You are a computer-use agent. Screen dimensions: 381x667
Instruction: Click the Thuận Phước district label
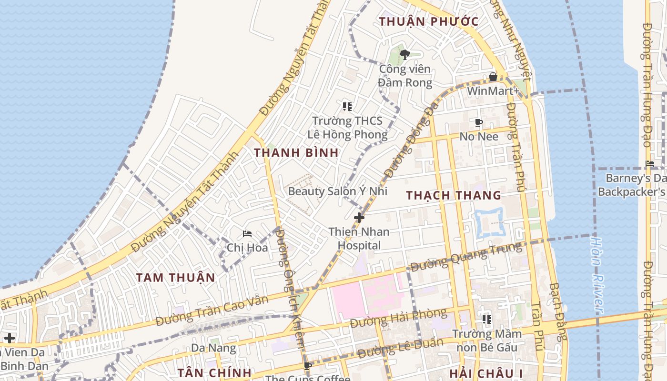tap(428, 21)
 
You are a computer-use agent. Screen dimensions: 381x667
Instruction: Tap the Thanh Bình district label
tap(296, 153)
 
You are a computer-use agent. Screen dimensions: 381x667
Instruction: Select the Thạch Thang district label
tap(454, 195)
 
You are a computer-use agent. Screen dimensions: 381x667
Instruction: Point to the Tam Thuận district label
tap(175, 278)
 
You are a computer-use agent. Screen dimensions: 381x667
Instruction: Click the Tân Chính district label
tap(214, 372)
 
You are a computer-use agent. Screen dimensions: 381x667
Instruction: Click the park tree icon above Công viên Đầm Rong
tap(404, 54)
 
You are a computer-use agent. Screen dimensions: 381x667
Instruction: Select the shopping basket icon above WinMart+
tap(493, 77)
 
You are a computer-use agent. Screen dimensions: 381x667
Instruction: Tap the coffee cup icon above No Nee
tap(479, 123)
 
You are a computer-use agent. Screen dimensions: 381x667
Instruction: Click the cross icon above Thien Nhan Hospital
tap(359, 218)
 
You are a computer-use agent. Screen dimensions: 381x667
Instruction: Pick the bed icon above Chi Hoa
tap(247, 234)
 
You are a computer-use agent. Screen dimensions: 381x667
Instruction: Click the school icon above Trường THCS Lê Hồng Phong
tap(347, 106)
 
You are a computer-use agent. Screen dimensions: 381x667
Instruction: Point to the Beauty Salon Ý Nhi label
tap(337, 191)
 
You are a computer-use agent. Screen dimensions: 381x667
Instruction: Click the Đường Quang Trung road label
tap(466, 257)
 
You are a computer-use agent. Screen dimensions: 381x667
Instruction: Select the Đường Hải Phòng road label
tap(398, 318)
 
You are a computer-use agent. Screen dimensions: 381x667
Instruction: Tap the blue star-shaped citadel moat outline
tap(489, 222)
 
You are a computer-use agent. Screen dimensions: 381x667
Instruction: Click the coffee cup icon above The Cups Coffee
tap(308, 366)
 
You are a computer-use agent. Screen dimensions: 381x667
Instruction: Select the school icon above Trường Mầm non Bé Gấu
tap(486, 319)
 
